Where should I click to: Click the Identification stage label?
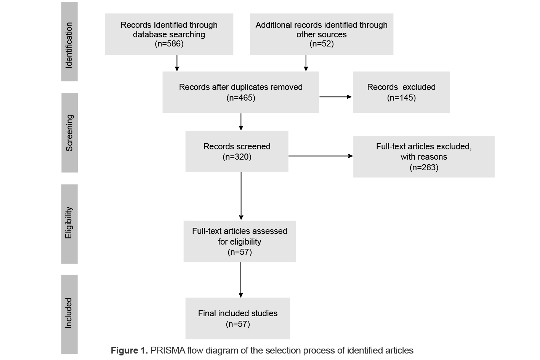(69, 45)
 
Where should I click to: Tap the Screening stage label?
(69, 133)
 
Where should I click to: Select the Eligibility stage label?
(69, 223)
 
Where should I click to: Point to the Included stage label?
(69, 313)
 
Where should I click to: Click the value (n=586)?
(169, 44)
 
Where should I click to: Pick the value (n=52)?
(322, 44)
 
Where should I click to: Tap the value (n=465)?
(241, 98)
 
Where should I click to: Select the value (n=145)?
(401, 98)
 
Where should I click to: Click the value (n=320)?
(237, 157)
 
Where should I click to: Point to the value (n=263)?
(424, 167)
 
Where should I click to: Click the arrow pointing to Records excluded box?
(335, 97)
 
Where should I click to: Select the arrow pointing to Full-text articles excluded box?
(320, 156)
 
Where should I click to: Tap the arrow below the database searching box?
(177, 63)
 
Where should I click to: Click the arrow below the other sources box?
(306, 63)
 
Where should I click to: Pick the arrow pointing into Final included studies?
(241, 280)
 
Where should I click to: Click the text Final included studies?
(238, 313)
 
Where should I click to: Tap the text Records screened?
(237, 146)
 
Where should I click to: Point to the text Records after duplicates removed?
(241, 87)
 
